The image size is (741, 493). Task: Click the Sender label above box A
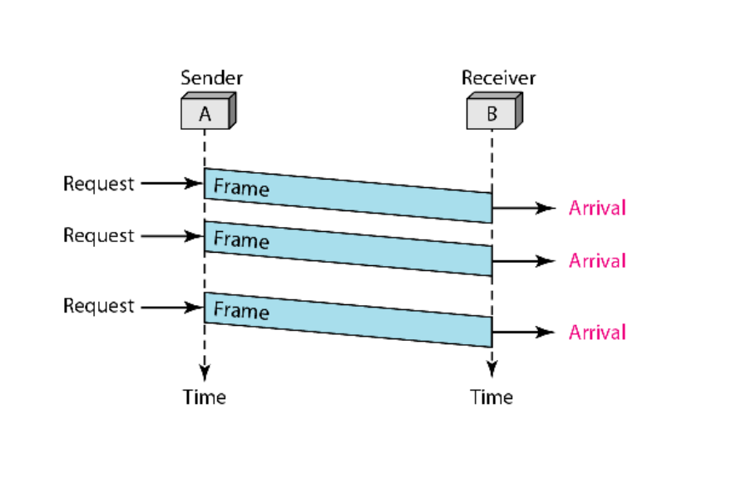[212, 77]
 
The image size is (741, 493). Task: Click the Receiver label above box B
[498, 77]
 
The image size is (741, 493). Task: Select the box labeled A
[209, 111]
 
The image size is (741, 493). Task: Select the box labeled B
[494, 111]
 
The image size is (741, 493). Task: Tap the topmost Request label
[99, 184]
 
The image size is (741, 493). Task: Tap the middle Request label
[99, 235]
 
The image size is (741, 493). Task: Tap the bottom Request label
[99, 306]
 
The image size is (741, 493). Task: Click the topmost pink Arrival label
[597, 208]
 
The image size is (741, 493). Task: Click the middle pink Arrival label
[597, 261]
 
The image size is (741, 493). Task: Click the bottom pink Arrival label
[597, 333]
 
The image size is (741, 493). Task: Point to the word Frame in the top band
[241, 187]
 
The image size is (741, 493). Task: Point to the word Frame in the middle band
[241, 240]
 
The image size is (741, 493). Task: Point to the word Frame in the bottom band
[241, 311]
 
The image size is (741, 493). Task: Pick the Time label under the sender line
[205, 397]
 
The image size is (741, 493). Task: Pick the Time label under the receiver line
[492, 397]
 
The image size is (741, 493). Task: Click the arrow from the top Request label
[172, 183]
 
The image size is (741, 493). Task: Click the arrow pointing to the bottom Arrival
[524, 332]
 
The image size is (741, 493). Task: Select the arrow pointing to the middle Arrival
[524, 261]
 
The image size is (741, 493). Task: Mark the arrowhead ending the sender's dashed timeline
[205, 372]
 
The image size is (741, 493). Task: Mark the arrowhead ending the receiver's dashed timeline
[492, 369]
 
